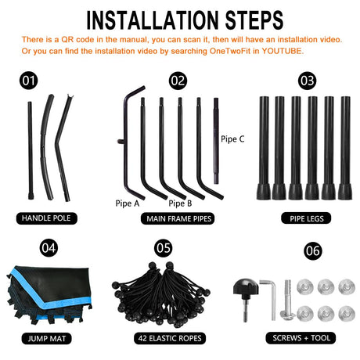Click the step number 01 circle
click(29, 81)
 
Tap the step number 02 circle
click(178, 81)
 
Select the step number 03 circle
click(307, 81)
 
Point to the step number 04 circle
click(49, 247)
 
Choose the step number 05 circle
click(164, 247)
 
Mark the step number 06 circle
click(313, 250)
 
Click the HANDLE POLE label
click(46, 218)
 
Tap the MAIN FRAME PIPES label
click(178, 218)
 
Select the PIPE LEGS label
click(306, 218)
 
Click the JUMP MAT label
click(47, 338)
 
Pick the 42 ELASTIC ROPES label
click(170, 338)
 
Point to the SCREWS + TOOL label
click(301, 338)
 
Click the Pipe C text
click(232, 139)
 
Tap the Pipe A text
click(128, 203)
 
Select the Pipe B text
click(180, 203)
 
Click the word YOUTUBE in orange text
click(283, 51)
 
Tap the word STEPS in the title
click(254, 20)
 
